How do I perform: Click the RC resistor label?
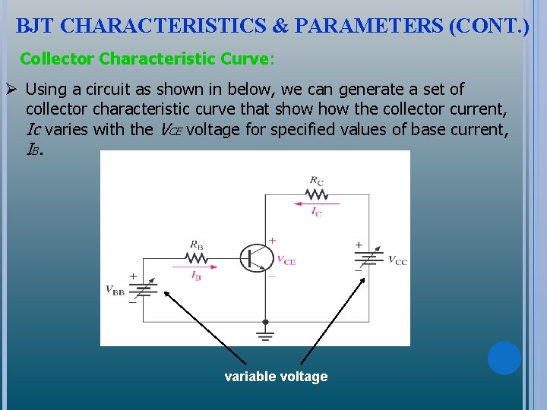316,181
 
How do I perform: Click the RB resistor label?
196,245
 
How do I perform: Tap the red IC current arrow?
315,203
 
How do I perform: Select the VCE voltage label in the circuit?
286,260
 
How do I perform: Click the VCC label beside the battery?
397,260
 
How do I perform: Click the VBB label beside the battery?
115,290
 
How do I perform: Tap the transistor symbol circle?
257,258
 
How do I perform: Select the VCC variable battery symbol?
368,257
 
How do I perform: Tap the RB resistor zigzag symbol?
196,257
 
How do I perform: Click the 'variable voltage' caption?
276,377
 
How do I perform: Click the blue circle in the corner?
504,358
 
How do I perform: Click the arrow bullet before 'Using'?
11,89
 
